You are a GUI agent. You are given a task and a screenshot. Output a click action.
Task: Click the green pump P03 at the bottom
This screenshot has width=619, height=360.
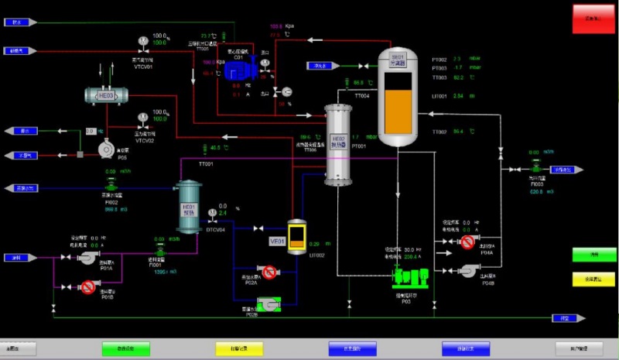(x=407, y=274)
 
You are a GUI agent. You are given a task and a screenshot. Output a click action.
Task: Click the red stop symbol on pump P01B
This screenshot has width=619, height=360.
(x=88, y=287)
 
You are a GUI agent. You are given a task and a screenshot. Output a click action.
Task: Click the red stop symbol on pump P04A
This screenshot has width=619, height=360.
(x=467, y=242)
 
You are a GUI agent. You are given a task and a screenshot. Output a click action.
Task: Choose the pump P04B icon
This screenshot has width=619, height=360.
(x=467, y=269)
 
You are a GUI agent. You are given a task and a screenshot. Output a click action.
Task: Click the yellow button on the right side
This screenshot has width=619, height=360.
(x=588, y=279)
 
